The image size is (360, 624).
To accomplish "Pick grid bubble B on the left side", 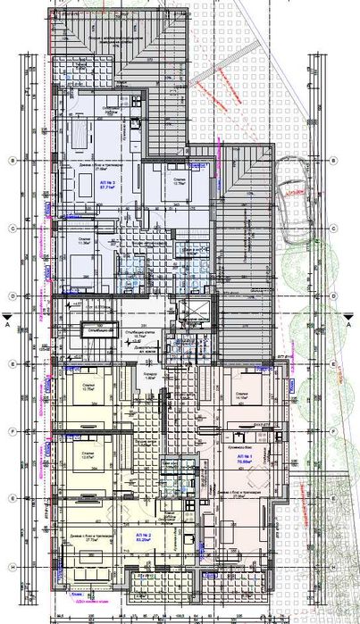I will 9,161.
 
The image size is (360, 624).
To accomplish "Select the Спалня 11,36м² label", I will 84,250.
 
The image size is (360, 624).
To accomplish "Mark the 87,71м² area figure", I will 111,187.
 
